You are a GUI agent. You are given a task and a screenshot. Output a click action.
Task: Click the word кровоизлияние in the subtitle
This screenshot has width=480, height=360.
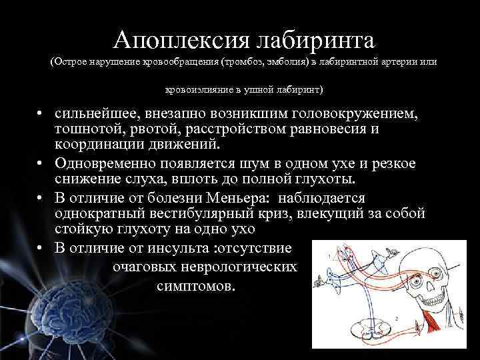coord(201,89)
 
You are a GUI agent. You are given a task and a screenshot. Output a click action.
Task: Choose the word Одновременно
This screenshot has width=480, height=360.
coord(104,164)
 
